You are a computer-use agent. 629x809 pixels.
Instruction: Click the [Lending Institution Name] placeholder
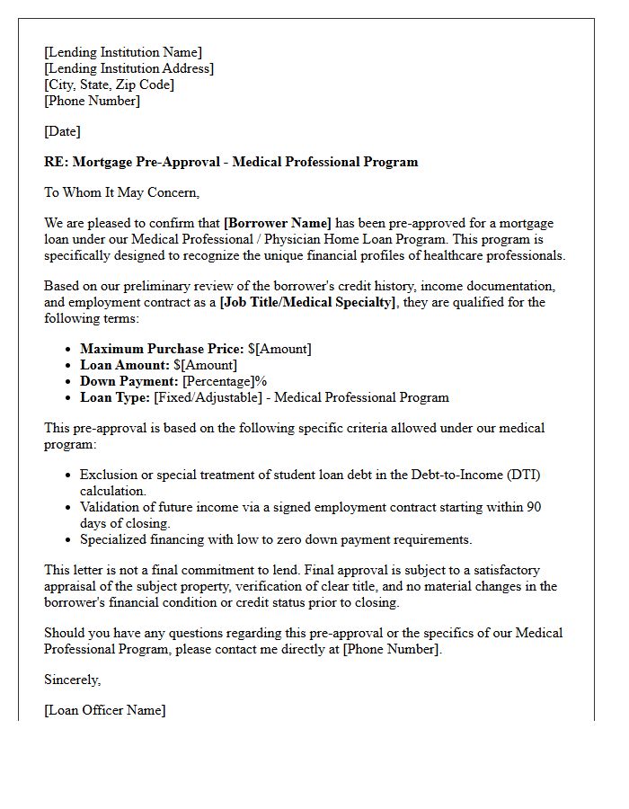click(x=123, y=52)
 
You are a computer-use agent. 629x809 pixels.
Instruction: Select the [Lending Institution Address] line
click(x=128, y=68)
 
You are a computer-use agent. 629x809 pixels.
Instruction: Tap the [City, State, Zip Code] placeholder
click(x=109, y=84)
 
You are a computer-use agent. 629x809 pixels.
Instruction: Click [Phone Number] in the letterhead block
click(x=92, y=101)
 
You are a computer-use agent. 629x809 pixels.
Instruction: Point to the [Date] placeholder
click(x=62, y=131)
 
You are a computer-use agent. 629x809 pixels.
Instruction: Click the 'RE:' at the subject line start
click(x=56, y=162)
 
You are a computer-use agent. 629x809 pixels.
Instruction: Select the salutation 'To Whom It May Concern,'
click(x=121, y=192)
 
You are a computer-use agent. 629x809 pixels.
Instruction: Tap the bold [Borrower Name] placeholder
click(x=278, y=223)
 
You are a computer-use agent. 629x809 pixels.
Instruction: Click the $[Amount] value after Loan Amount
click(x=205, y=365)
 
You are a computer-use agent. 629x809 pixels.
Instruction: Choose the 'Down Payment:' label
click(x=129, y=381)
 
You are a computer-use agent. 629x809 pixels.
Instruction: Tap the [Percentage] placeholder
click(x=218, y=381)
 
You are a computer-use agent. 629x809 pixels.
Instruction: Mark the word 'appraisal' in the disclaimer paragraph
click(x=72, y=586)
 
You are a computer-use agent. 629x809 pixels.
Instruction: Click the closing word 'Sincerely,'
click(x=73, y=680)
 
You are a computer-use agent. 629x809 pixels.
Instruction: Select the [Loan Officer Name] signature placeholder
click(x=104, y=710)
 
